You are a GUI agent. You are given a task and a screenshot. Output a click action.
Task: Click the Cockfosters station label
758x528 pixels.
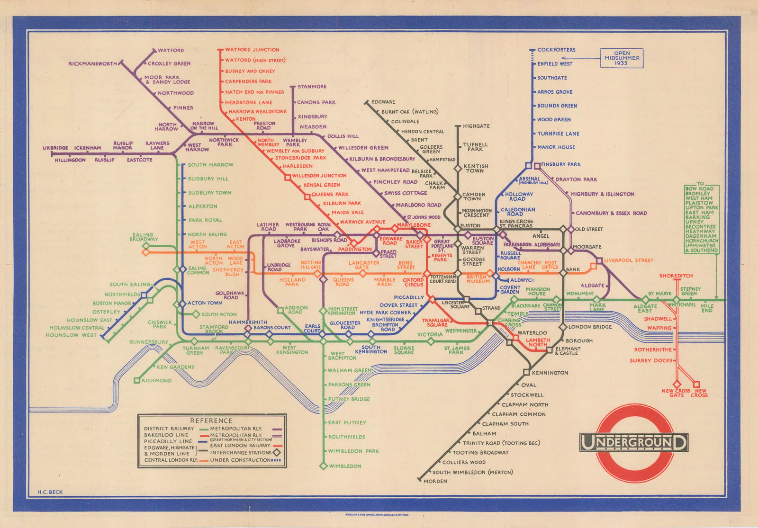tap(556, 50)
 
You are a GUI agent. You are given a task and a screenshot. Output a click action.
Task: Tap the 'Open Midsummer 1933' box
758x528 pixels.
tap(622, 58)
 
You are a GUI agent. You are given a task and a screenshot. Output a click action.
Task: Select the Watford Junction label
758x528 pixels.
tap(252, 50)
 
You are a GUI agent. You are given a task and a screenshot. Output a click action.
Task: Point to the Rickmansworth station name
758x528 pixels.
tap(92, 63)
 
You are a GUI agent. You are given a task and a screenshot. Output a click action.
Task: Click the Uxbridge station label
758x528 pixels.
tap(55, 148)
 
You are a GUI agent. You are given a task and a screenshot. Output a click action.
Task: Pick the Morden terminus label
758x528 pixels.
tap(435, 481)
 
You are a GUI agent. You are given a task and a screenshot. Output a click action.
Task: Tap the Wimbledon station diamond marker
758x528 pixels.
tap(324, 466)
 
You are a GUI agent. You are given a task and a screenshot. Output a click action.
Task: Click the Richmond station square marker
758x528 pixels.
tap(137, 380)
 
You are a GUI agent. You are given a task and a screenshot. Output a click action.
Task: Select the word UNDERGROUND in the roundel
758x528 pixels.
tap(633, 443)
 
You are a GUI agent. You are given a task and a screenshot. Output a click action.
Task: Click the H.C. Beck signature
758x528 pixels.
tap(50, 492)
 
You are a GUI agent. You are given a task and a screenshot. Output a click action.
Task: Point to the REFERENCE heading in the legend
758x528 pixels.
tap(211, 421)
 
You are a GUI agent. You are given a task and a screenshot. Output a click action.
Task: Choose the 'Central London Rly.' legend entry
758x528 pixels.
tap(171, 460)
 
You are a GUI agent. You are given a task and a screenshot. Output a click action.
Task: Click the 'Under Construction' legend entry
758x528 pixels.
tap(240, 460)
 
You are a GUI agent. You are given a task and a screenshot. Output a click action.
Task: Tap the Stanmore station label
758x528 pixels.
tap(312, 87)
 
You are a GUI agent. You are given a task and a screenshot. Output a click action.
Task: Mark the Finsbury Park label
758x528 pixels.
tap(560, 164)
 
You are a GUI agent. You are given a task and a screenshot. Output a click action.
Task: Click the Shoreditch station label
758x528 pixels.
tap(676, 276)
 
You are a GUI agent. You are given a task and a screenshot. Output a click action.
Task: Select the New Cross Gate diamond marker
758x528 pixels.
tap(677, 384)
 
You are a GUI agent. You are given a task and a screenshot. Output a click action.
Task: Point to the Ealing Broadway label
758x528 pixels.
tap(144, 237)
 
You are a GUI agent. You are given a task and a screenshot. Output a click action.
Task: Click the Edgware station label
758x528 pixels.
tap(383, 102)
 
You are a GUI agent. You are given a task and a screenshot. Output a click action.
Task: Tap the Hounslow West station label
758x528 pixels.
tap(71, 335)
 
